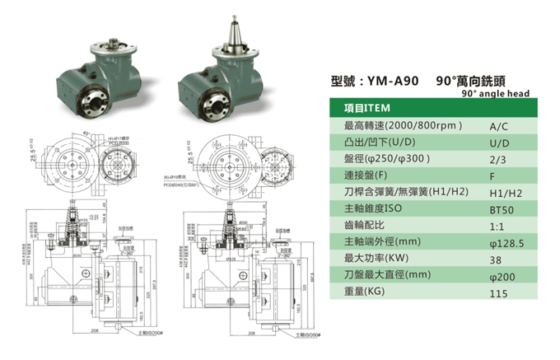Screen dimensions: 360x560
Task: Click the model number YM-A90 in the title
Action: (x=392, y=83)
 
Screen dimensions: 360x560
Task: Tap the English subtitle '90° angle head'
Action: (x=495, y=95)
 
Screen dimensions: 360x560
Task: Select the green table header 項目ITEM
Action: (x=367, y=109)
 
